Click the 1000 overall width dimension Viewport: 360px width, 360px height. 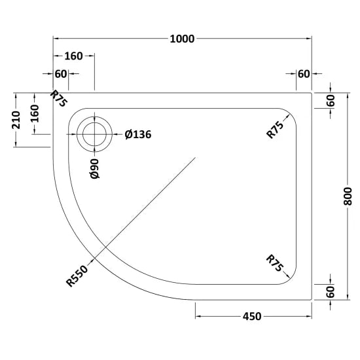[182, 39]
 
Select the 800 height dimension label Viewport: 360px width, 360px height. [348, 196]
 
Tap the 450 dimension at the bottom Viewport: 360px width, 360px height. [252, 316]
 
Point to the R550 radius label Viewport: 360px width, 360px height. [77, 276]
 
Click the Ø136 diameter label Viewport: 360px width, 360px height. [138, 135]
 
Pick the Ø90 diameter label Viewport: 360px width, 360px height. [95, 168]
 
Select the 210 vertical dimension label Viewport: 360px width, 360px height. [16, 120]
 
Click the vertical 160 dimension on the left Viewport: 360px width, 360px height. [35, 113]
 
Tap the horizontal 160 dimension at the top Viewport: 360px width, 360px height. [73, 56]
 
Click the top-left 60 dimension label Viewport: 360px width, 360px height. [61, 74]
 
